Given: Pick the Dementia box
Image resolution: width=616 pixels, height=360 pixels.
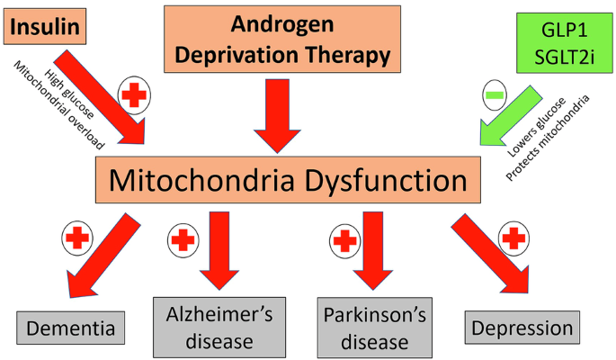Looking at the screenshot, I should point(70,328).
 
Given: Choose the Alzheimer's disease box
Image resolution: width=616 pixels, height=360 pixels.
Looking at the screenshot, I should point(219,327).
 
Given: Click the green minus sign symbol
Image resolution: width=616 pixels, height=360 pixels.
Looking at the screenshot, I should point(493,94).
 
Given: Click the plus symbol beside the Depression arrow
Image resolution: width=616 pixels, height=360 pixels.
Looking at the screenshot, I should point(513,238).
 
